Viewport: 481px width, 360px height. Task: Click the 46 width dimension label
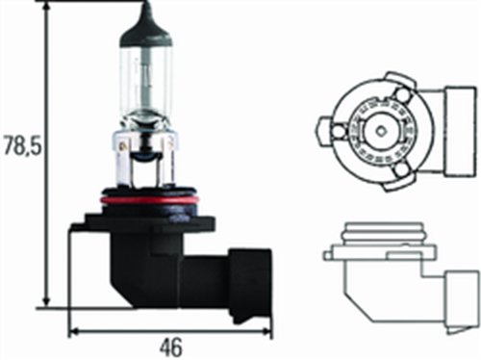coord(171,347)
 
